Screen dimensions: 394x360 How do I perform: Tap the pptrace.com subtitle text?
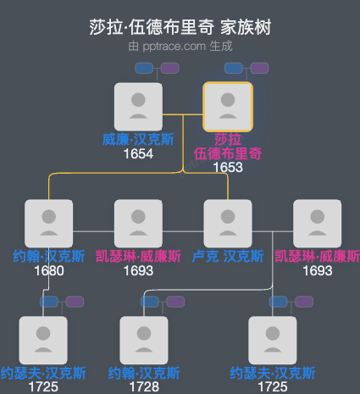pyautogui.click(x=180, y=46)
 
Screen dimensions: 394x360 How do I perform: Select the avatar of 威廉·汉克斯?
pyautogui.click(x=138, y=106)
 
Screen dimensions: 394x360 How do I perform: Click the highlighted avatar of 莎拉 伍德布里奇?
pyautogui.click(x=228, y=106)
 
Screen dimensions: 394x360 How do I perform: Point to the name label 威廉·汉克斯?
pyautogui.click(x=138, y=140)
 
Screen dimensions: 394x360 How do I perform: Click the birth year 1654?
pyautogui.click(x=138, y=154)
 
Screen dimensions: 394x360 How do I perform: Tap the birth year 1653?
pyautogui.click(x=228, y=167)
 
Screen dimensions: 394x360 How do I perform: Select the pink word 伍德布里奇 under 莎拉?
pyautogui.click(x=228, y=153)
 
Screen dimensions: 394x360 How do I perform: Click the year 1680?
pyautogui.click(x=49, y=271)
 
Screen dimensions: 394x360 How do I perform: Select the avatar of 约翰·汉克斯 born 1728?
pyautogui.click(x=144, y=340)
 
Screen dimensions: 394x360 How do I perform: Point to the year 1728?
pyautogui.click(x=144, y=386)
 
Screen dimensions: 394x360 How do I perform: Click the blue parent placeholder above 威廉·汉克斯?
pyautogui.click(x=143, y=68)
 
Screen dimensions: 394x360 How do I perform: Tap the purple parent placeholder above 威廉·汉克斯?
pyautogui.click(x=169, y=68)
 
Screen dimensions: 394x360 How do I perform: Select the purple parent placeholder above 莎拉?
pyautogui.click(x=259, y=68)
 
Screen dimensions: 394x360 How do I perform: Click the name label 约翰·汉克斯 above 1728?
pyautogui.click(x=144, y=373)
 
